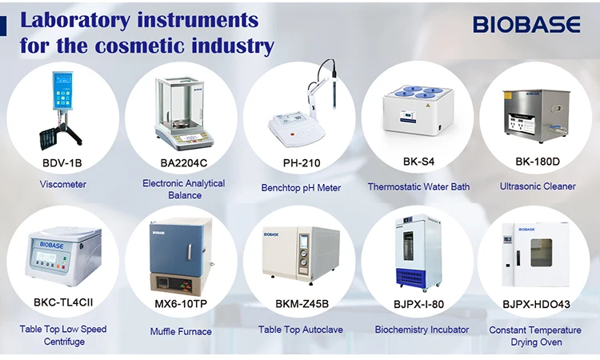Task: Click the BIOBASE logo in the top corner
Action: (526, 25)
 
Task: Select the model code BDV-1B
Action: (62, 162)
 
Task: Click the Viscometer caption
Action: (62, 185)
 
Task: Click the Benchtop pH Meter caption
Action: (301, 188)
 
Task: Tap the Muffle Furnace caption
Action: (181, 331)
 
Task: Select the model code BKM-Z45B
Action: (302, 304)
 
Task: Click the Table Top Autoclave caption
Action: (301, 330)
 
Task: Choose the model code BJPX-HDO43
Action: (536, 304)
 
